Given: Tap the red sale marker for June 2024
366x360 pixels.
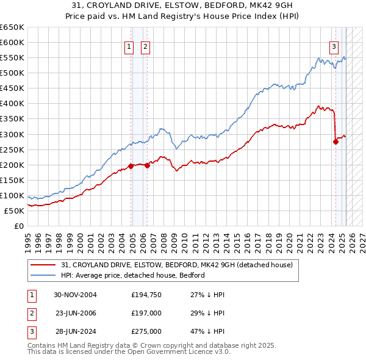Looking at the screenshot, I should pos(335,142).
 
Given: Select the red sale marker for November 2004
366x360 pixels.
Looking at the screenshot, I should pos(131,166).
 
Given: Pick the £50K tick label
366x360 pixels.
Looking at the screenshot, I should pos(15,211).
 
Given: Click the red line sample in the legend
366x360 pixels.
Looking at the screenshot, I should pos(43,265).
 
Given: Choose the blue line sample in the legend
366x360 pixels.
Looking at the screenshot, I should pos(43,275).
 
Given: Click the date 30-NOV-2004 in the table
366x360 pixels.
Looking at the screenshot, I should pos(75,295).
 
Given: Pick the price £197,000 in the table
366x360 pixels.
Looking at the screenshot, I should pos(146,313).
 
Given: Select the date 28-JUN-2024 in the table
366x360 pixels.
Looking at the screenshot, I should pos(75,331).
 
